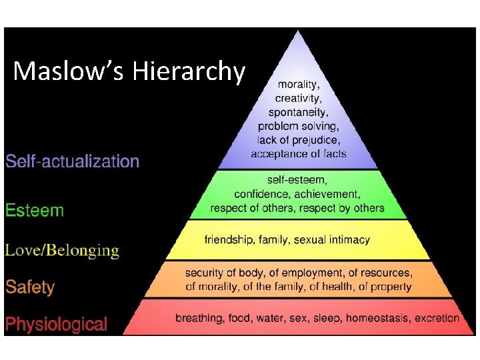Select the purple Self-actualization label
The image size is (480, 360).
click(73, 161)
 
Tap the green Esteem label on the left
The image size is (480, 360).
click(35, 211)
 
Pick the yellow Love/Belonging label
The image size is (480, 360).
click(63, 251)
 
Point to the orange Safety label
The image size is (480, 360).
click(30, 287)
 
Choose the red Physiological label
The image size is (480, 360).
click(56, 325)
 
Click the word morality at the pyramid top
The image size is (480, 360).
click(298, 85)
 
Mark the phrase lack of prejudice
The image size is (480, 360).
click(298, 139)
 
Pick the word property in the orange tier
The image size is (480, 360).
click(390, 287)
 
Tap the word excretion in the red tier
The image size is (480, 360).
click(437, 318)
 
